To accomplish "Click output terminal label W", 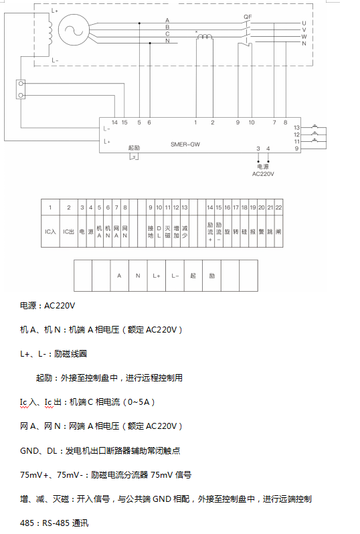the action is [304, 36].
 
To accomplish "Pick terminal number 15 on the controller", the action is [124, 122].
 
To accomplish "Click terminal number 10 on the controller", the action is [252, 122].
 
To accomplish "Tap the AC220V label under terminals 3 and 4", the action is [264, 173].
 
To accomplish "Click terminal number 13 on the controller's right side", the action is [296, 127].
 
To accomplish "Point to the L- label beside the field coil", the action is [55, 60].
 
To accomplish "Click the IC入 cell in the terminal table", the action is [50, 232].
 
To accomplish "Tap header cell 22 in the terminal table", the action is [278, 208].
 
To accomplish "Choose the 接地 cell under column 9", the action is [151, 232].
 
